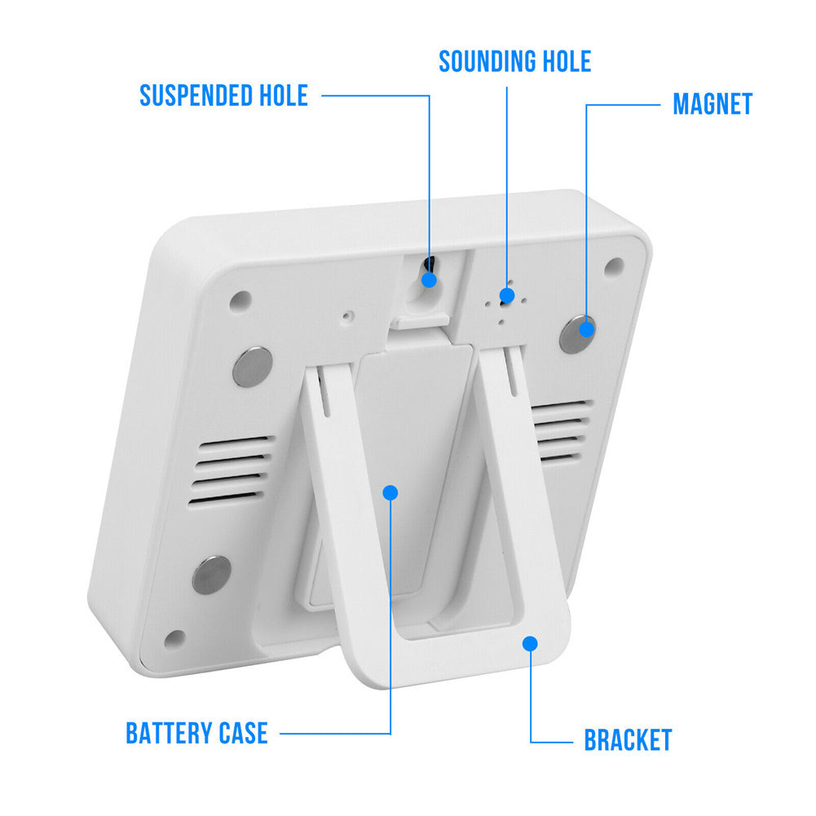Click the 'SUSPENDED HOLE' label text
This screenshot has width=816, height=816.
click(x=224, y=95)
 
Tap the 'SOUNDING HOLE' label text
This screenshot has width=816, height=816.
click(x=514, y=61)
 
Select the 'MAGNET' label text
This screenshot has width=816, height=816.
click(x=712, y=104)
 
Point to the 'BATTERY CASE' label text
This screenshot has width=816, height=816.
click(x=196, y=733)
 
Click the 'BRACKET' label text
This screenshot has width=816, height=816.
click(x=628, y=740)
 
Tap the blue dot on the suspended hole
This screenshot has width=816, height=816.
click(x=429, y=280)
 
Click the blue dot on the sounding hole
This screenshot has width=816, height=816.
click(x=507, y=296)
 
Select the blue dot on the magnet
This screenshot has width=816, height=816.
click(x=586, y=329)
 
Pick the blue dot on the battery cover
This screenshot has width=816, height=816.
click(x=390, y=492)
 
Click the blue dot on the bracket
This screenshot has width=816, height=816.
click(x=530, y=644)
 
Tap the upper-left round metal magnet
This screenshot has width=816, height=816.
click(x=253, y=367)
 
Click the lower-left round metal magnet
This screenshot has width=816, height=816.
click(x=212, y=575)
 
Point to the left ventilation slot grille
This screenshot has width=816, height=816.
click(x=231, y=471)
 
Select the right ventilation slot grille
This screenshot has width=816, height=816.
click(x=562, y=431)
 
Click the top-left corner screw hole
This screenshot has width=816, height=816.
click(x=240, y=301)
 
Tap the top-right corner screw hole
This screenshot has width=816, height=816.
click(x=614, y=267)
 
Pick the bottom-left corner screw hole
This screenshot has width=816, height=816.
click(x=174, y=638)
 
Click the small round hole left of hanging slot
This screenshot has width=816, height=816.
click(x=347, y=316)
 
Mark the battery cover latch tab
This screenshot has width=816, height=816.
click(x=420, y=322)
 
